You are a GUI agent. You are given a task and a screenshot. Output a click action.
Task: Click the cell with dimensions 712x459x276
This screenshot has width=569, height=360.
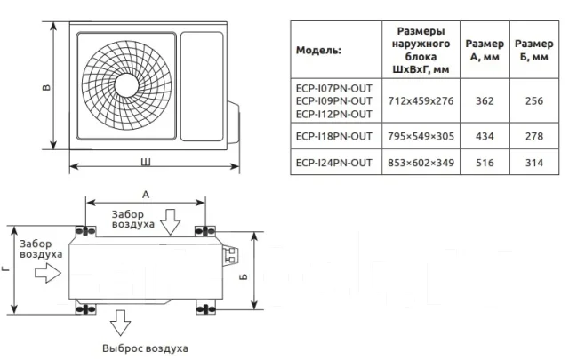[421, 100]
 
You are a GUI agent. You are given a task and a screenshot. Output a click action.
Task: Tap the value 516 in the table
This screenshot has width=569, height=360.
[485, 162]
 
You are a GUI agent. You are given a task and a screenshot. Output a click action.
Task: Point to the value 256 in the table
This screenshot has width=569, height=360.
[534, 100]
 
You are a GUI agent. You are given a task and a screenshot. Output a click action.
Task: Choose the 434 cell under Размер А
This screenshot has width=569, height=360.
[485, 136]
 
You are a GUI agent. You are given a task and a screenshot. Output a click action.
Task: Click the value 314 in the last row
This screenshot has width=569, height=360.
[534, 162]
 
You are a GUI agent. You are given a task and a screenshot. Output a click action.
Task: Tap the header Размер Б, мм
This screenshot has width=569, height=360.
[534, 50]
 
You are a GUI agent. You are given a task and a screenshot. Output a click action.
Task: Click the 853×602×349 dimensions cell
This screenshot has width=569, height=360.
[421, 162]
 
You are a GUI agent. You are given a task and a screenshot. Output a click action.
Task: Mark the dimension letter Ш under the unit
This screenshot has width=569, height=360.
[146, 162]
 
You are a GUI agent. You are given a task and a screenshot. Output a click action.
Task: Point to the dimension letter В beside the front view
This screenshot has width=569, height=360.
[46, 87]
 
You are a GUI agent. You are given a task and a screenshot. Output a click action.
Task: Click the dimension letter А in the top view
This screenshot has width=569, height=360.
[146, 195]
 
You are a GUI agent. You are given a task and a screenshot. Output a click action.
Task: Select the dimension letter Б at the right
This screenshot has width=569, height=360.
[244, 276]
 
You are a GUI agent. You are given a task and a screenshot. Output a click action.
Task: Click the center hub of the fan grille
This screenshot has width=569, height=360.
[126, 85]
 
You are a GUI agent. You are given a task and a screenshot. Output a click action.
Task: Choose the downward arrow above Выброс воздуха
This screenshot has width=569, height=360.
[120, 323]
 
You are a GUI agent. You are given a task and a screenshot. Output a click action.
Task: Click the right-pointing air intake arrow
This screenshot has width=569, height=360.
[48, 273]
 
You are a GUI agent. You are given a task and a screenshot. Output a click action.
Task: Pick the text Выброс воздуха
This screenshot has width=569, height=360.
[145, 348]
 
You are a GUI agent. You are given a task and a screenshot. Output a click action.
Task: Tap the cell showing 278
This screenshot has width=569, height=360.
[534, 136]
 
